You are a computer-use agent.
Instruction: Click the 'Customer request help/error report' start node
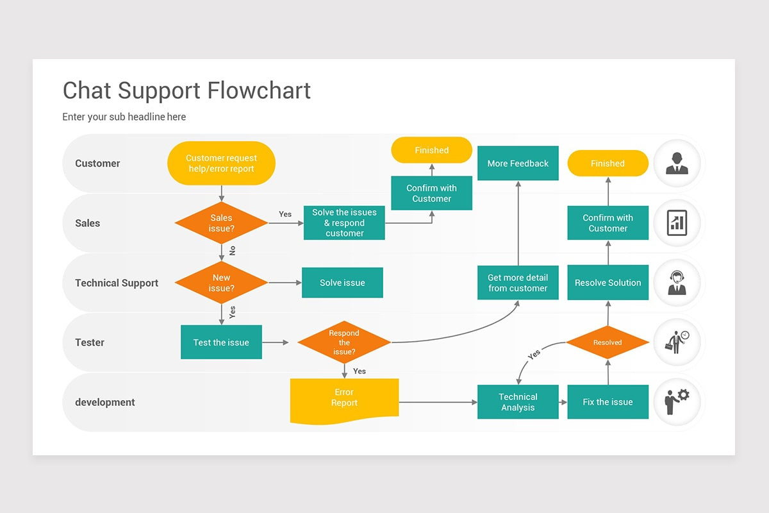pos(221,164)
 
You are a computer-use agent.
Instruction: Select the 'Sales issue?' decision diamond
pos(221,223)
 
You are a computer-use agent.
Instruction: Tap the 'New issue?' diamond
pos(221,282)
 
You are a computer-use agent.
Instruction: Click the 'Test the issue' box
pos(221,342)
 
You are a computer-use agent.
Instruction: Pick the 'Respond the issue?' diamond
pos(344,342)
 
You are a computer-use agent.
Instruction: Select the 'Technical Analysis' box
pos(518,401)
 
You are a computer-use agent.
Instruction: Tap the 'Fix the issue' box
pos(608,401)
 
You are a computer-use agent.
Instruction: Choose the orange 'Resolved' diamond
pos(608,342)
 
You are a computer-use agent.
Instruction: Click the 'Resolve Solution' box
pos(608,282)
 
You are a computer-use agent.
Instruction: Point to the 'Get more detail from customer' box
pos(518,282)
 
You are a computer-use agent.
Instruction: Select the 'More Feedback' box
pos(518,164)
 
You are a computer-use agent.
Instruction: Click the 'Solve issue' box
pos(342,282)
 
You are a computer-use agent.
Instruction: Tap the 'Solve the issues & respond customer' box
pos(344,223)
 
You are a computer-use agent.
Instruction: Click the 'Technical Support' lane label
pos(117,283)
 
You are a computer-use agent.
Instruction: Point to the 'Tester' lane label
pos(90,342)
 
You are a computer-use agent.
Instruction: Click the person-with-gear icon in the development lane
pos(677,401)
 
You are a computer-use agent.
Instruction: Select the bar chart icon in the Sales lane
pos(677,223)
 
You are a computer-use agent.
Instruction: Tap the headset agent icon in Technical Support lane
pos(677,283)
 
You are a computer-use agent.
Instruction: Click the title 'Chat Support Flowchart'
pos(186,90)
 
